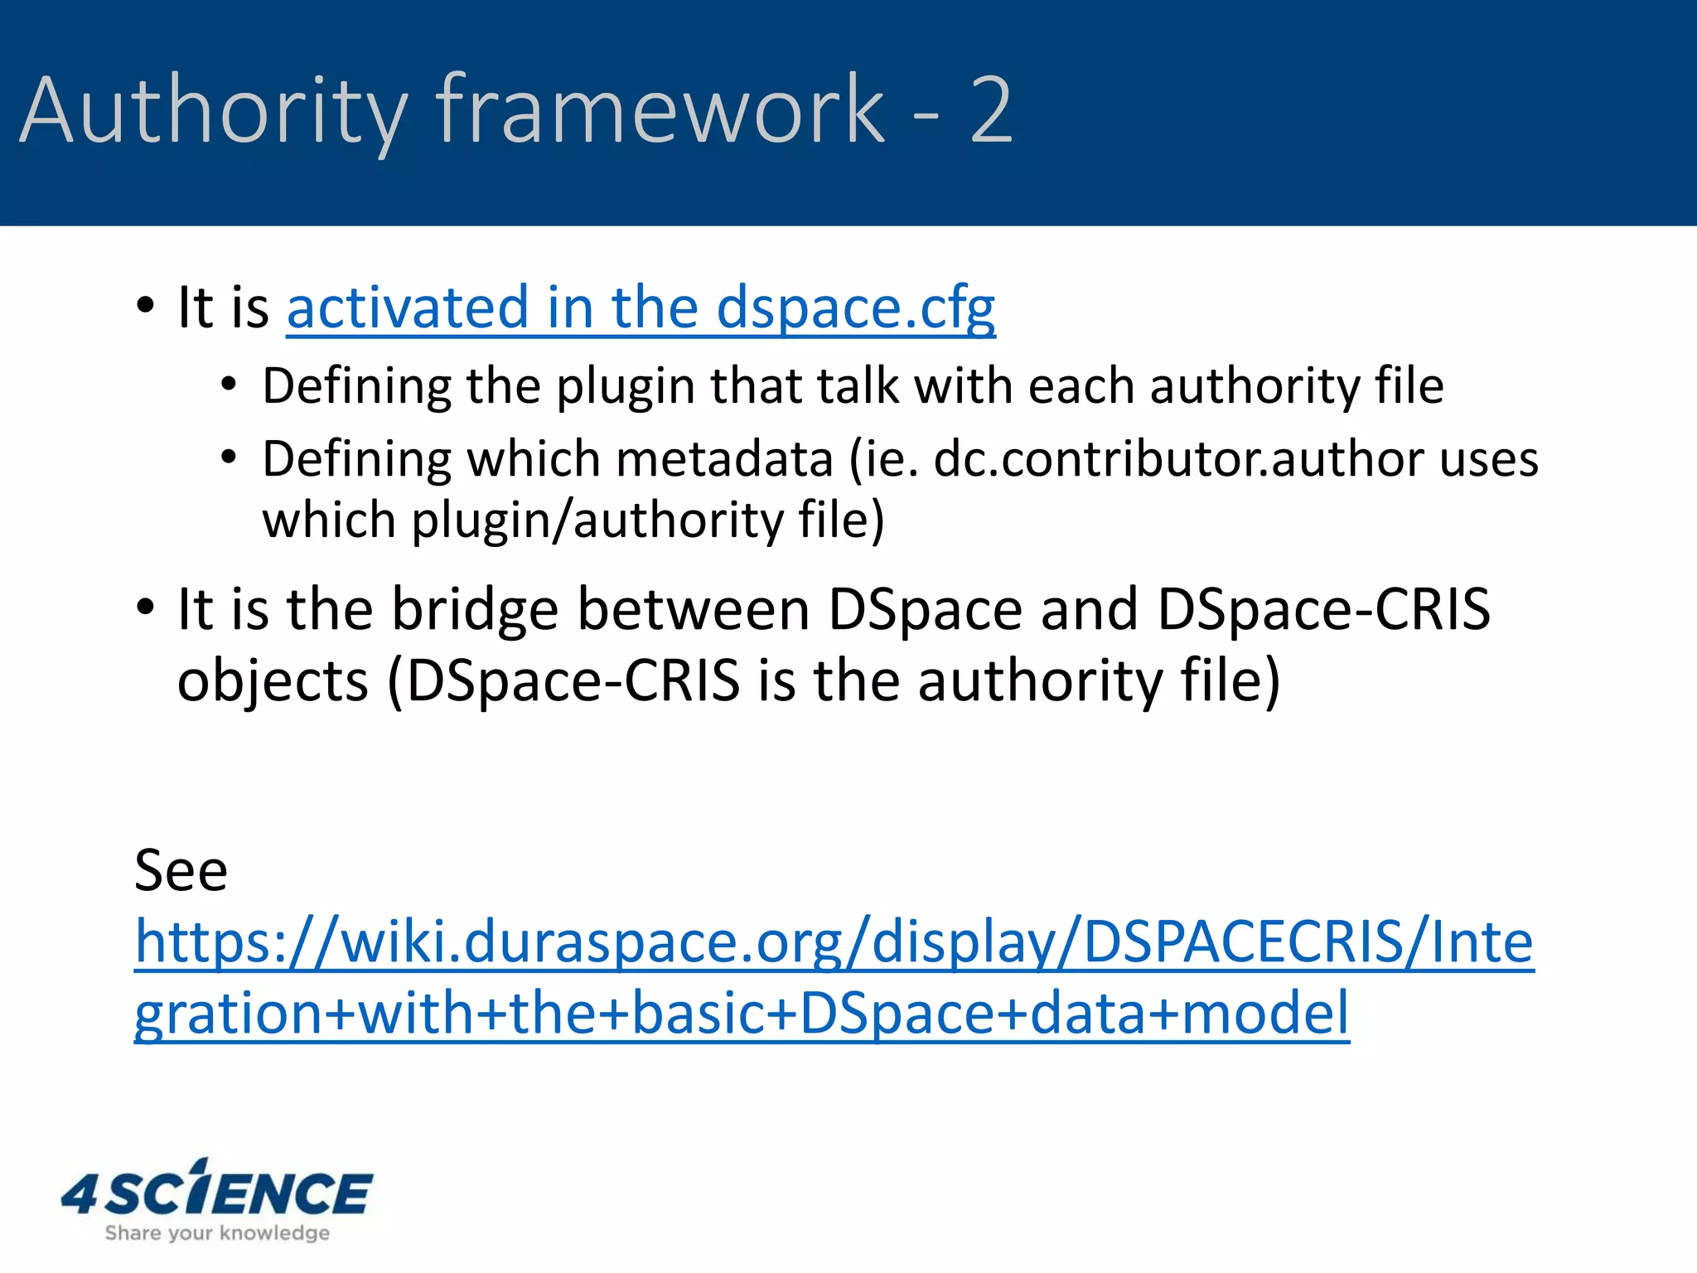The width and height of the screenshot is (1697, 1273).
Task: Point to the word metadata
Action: click(723, 459)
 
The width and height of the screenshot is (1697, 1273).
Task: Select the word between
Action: click(694, 610)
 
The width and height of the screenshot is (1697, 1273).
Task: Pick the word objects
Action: click(273, 681)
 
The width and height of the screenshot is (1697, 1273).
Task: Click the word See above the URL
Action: click(181, 870)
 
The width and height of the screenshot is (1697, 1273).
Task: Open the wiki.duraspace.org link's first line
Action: click(834, 942)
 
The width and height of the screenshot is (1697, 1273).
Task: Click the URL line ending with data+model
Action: click(742, 1014)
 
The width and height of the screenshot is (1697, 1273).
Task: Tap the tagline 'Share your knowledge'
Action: click(217, 1233)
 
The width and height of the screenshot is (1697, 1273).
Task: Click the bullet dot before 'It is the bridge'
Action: click(146, 607)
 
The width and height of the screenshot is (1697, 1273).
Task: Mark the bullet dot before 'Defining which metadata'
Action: click(229, 457)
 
